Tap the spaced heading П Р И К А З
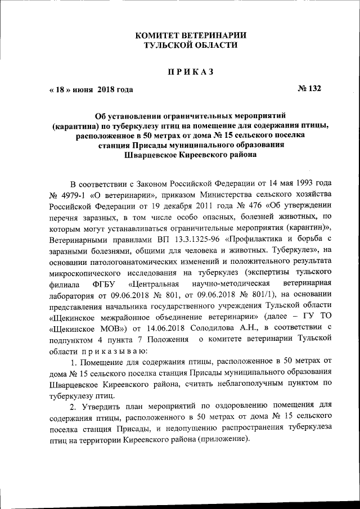[x=191, y=72]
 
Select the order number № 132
[x=309, y=89]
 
